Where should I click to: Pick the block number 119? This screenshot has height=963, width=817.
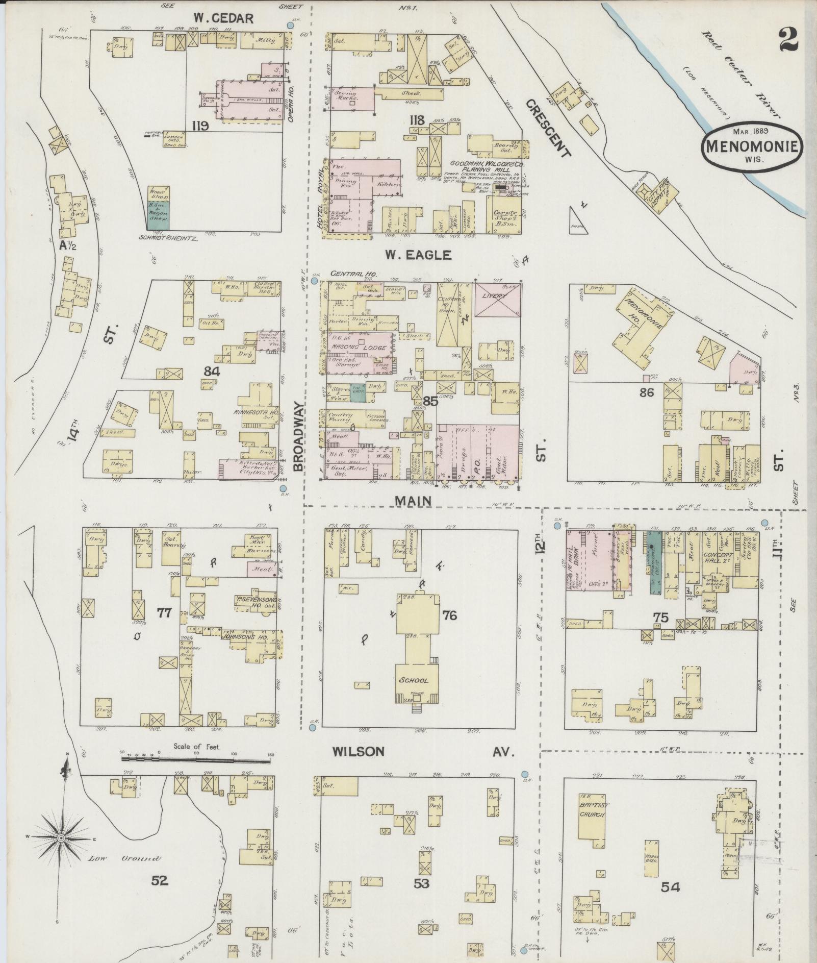tap(200, 126)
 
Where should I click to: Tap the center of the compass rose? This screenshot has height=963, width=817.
tap(61, 838)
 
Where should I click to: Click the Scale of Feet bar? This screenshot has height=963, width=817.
tap(196, 759)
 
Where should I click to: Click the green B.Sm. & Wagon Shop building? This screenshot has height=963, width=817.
tap(159, 214)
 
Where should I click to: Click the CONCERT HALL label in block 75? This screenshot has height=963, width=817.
tap(718, 557)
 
